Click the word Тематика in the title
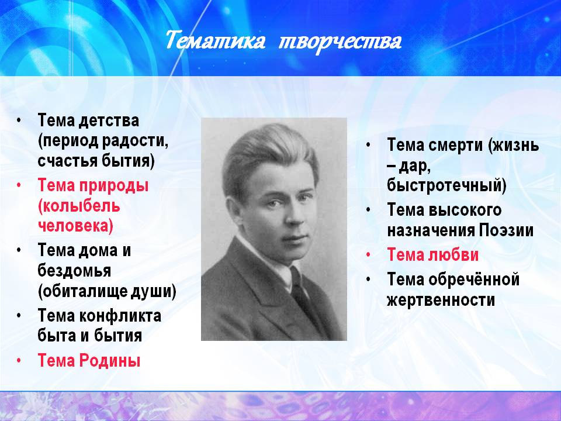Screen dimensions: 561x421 216,41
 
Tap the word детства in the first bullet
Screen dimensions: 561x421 109,120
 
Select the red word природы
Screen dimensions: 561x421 113,186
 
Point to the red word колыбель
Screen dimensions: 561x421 79,206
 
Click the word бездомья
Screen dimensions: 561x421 74,271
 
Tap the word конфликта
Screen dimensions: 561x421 120,316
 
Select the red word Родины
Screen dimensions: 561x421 109,360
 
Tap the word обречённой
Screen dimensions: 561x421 474,279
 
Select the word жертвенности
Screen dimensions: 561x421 441,300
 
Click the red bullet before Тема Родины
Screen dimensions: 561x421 19,361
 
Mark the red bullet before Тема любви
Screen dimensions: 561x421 368,256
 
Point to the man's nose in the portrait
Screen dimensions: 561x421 293,216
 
